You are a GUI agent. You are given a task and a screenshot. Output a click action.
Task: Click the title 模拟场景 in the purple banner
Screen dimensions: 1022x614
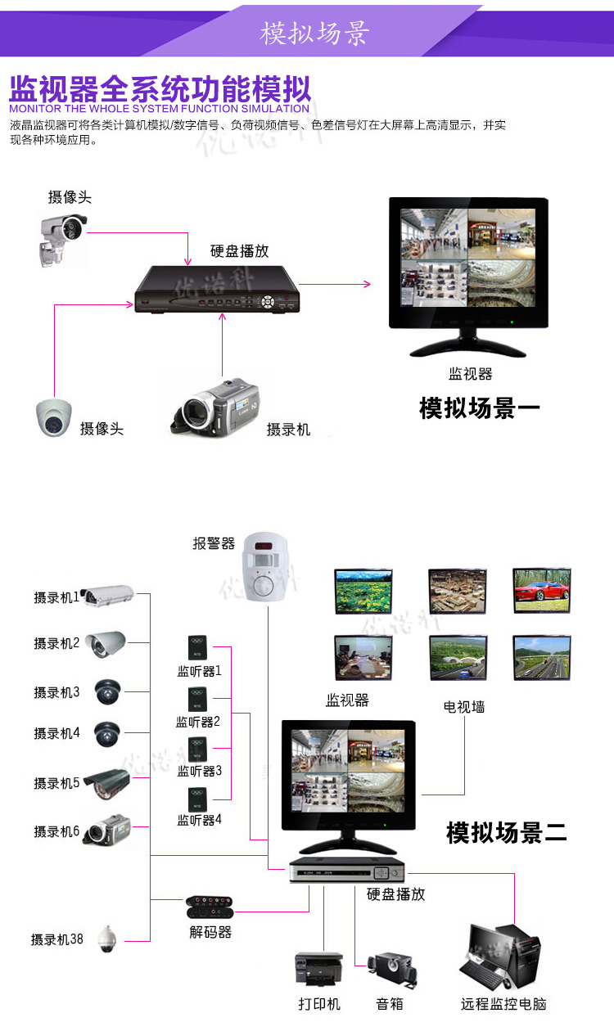315,33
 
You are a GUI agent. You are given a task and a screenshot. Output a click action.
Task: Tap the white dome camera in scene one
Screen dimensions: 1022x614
54,417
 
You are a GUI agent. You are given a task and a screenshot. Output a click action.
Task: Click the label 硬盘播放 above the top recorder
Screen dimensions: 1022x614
239,251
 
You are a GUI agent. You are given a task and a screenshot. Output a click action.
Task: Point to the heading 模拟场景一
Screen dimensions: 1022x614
480,408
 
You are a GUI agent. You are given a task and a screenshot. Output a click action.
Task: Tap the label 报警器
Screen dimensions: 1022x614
214,543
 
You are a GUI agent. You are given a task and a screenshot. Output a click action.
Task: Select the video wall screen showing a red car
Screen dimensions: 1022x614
541,590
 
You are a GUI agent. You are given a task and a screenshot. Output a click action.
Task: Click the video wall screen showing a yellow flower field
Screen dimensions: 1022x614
363,591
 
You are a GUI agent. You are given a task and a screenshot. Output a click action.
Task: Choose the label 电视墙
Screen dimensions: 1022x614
464,706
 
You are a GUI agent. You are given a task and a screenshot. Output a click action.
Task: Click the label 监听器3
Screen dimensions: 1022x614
200,771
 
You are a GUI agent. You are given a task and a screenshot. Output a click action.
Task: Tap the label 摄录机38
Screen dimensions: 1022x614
57,939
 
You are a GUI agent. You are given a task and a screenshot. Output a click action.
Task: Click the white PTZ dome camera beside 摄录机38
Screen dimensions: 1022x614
106,939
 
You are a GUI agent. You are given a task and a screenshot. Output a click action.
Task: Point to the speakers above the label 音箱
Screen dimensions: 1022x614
391,970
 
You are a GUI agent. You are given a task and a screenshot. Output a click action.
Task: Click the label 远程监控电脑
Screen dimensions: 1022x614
503,1004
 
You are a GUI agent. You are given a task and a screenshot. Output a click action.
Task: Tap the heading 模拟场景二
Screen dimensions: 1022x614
507,833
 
